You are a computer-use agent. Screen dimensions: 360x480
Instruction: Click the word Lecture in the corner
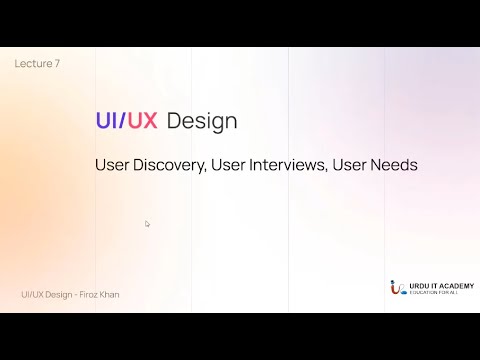pyautogui.click(x=29, y=63)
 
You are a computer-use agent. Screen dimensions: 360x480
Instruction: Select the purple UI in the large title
pyautogui.click(x=107, y=122)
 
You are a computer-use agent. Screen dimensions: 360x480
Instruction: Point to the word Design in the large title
pyautogui.click(x=203, y=122)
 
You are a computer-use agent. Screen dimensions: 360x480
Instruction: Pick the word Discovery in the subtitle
pyautogui.click(x=170, y=165)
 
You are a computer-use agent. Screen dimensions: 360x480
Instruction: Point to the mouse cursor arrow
pyautogui.click(x=147, y=224)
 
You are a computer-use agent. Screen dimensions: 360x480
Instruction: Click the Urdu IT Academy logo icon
pyautogui.click(x=397, y=288)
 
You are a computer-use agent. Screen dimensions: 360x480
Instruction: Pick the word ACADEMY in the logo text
pyautogui.click(x=458, y=284)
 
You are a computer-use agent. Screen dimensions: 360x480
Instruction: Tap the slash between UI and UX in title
pyautogui.click(x=124, y=122)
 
